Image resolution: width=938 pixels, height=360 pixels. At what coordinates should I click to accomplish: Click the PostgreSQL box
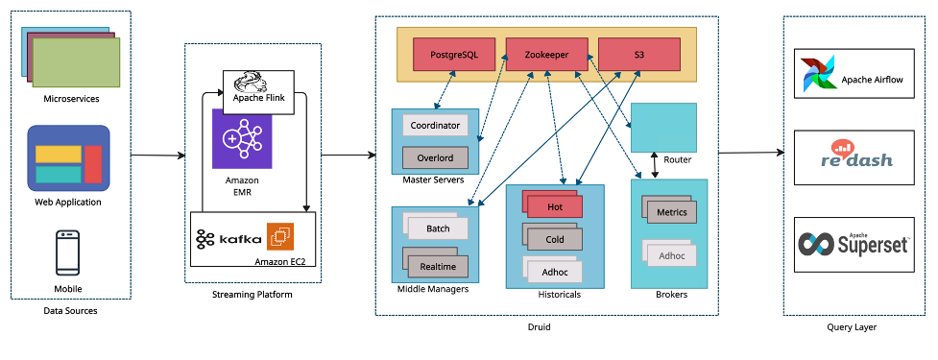pos(452,55)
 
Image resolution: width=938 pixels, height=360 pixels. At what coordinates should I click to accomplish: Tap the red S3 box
pos(638,55)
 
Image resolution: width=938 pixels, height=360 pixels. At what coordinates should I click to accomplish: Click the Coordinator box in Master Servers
pos(435,126)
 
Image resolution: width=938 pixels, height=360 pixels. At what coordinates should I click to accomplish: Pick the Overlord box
pos(435,156)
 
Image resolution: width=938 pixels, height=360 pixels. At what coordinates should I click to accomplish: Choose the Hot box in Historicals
pos(555,205)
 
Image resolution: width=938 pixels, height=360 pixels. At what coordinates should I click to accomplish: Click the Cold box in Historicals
pos(555,238)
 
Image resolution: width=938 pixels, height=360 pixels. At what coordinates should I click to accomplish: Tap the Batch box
pos(437,228)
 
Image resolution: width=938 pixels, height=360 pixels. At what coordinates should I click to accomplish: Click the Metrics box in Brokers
pos(671,212)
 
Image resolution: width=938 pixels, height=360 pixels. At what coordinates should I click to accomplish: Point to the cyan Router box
pos(663,127)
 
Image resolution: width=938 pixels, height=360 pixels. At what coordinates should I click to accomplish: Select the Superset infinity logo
pos(818,244)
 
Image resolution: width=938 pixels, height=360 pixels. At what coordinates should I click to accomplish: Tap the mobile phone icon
pos(68,253)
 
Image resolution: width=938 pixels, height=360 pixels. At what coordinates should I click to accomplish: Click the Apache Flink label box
pos(259,85)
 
